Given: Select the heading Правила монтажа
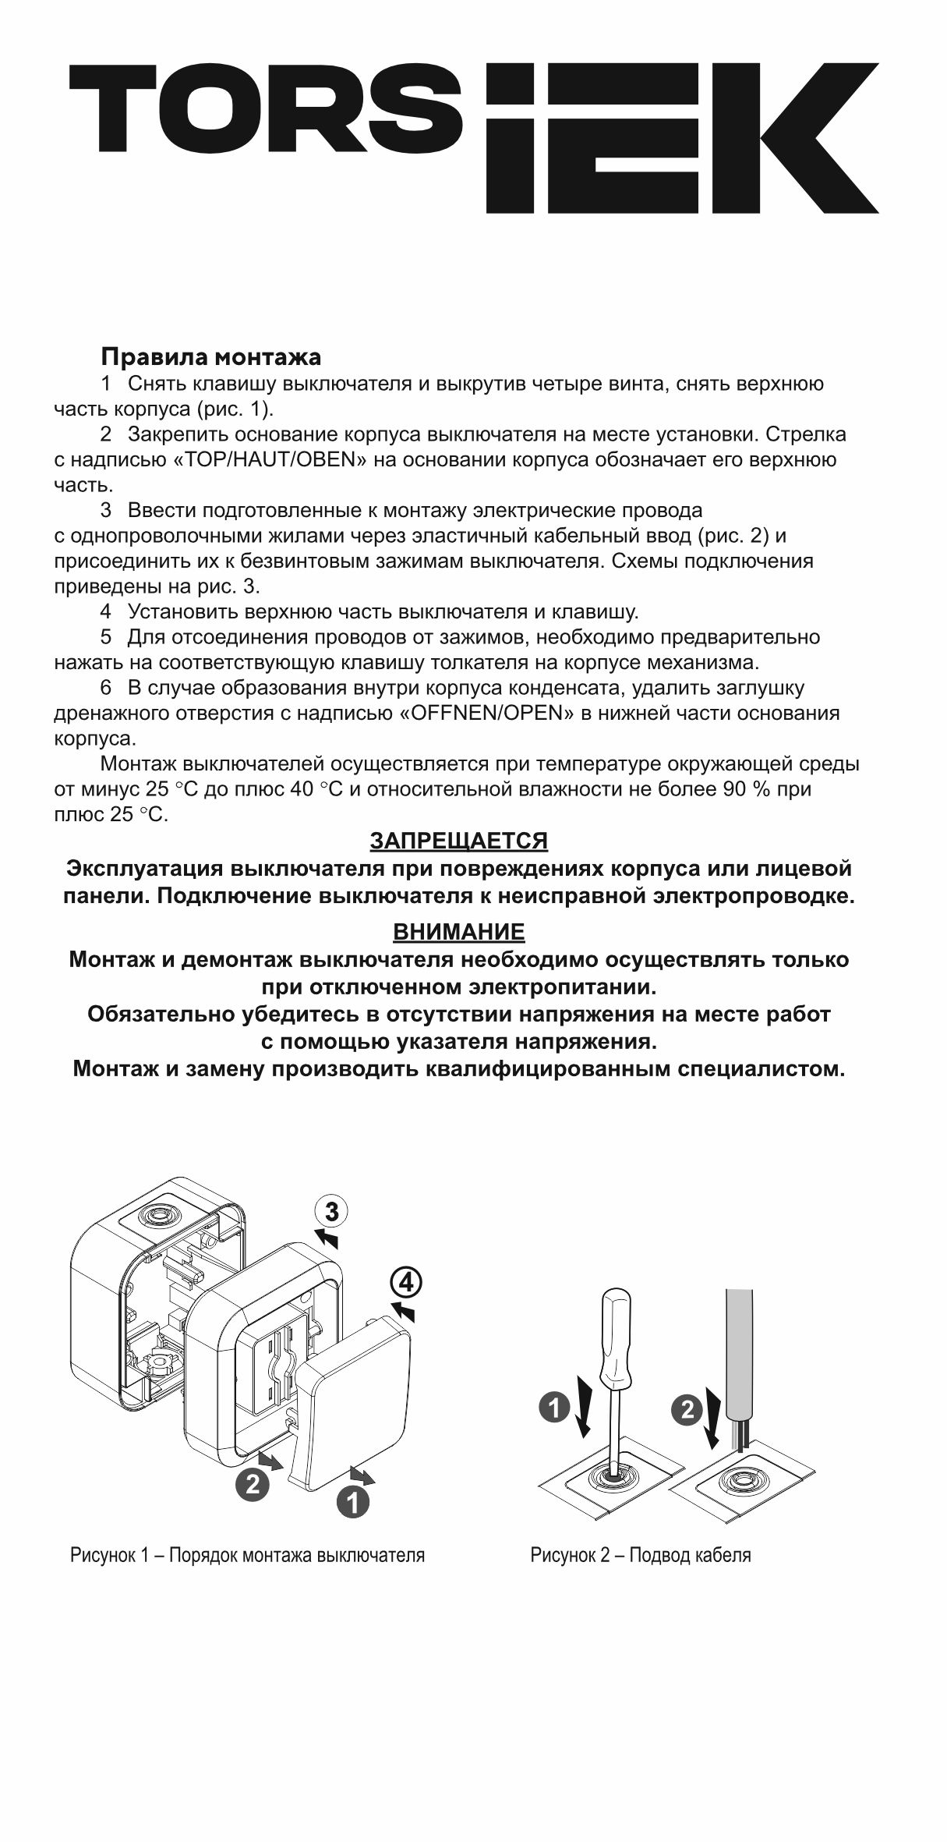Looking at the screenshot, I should coord(210,357).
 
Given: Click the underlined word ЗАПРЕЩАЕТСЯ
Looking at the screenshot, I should coord(458,841).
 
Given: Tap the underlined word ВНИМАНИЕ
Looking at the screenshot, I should coord(458,932).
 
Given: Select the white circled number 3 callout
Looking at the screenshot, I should coord(331,1212).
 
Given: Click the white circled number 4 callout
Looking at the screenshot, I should coord(406,1281).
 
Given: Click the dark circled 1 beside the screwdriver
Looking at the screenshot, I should coord(554,1408).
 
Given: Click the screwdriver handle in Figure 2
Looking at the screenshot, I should coord(616,1330).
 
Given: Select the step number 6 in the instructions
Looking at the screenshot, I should coord(106,688).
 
